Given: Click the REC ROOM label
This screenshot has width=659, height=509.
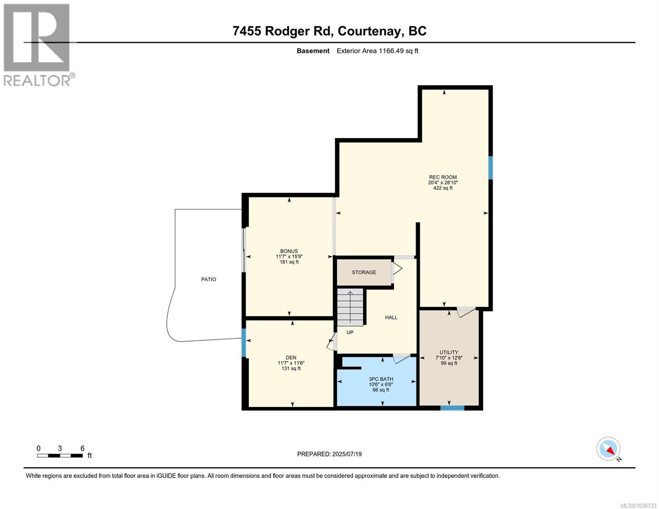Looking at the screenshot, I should (443, 177).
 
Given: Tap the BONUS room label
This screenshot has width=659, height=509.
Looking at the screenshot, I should (289, 251).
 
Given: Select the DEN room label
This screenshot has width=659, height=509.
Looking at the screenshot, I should (291, 358).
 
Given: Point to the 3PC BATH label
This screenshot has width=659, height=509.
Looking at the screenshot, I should (381, 379).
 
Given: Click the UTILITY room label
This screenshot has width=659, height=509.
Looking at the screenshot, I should (449, 352).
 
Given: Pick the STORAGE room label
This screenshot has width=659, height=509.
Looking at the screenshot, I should (364, 272).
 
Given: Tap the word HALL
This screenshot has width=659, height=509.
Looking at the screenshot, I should (391, 317).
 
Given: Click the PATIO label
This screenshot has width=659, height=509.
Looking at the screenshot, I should (208, 280).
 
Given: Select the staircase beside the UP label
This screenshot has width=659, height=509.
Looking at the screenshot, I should (351, 307).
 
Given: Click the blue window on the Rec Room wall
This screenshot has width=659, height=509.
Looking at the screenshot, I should (491, 168).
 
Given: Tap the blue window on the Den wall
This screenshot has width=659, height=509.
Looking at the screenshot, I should (244, 343).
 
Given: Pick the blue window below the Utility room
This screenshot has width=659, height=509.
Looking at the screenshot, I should (452, 408).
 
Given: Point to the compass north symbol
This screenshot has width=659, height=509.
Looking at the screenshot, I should (609, 449).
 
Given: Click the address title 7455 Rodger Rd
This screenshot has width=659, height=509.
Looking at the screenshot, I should (329, 31).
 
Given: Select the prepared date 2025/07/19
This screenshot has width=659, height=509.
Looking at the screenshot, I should (329, 454).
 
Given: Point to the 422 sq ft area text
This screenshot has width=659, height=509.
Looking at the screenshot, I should (443, 188).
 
